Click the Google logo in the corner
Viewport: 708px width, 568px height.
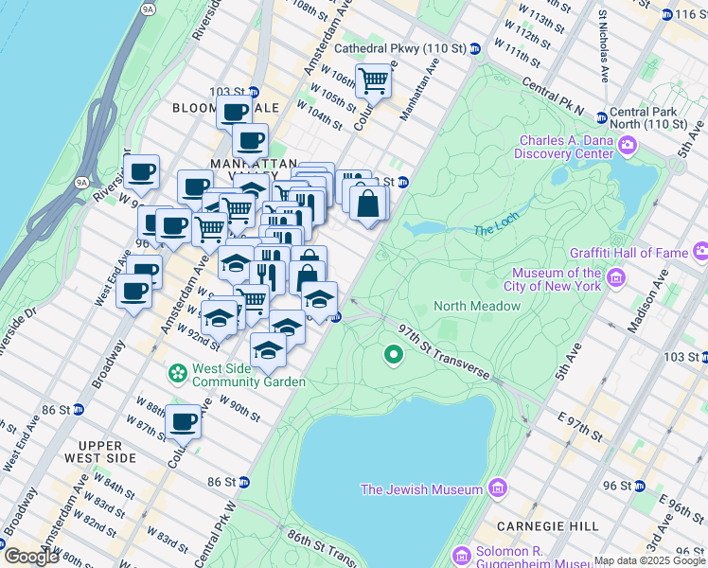pos(31,557)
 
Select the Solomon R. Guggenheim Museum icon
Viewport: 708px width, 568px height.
pos(461,555)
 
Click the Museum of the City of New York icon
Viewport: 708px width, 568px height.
pos(615,278)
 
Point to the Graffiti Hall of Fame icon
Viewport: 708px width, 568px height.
pos(700,252)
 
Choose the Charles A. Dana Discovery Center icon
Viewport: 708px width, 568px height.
pos(627,146)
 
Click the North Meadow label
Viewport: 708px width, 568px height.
pos(477,306)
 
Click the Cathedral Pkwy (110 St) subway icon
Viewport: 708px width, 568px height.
pos(475,48)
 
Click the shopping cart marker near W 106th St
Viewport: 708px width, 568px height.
pos(374,80)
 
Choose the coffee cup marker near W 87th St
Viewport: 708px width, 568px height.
pos(183,422)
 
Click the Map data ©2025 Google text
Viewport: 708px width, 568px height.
pos(649,560)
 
